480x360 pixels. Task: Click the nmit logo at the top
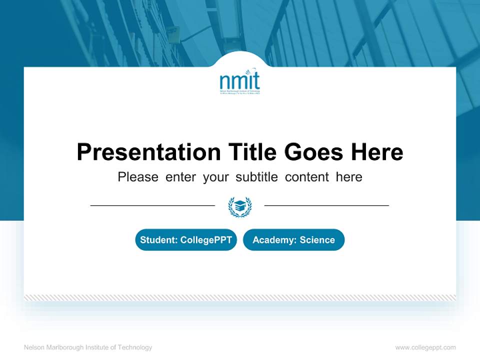tap(240, 82)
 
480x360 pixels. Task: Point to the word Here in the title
tap(376, 152)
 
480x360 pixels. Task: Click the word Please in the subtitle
tap(138, 177)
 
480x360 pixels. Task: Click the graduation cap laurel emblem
tap(240, 206)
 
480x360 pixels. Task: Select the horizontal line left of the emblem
tap(152, 205)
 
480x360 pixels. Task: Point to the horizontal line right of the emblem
tap(326, 205)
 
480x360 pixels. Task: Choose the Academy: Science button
tap(293, 240)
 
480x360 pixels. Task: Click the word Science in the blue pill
tap(317, 240)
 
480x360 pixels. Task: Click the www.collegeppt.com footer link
tap(425, 347)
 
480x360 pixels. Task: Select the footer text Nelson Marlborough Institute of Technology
tap(88, 347)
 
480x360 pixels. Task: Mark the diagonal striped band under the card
tap(240, 297)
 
